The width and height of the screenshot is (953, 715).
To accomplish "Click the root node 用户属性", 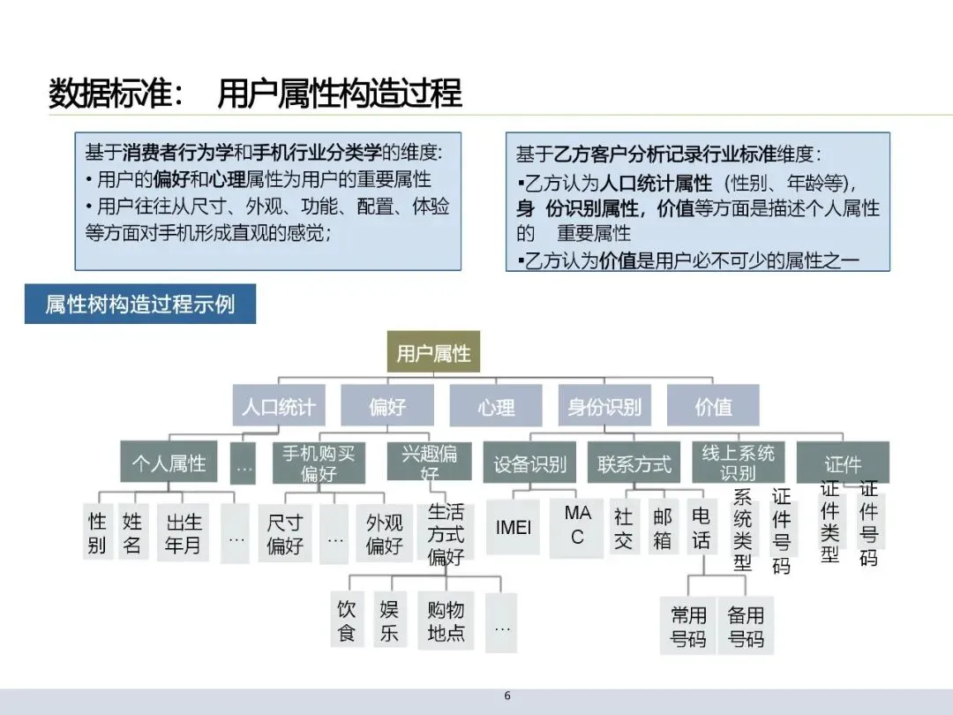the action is tap(433, 354).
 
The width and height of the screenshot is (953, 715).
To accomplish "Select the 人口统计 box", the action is tap(278, 407).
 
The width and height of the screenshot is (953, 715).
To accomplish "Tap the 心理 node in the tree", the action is tap(496, 407).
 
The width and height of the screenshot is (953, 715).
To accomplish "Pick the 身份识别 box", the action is tap(604, 407).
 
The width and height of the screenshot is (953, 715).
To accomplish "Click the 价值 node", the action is tap(713, 407).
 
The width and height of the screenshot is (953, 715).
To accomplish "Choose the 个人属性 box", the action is tap(169, 463).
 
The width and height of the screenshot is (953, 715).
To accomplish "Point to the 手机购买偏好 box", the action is tap(319, 463).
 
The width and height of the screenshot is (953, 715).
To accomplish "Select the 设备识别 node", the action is tap(529, 463).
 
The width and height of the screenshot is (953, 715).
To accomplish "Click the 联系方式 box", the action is tap(634, 463).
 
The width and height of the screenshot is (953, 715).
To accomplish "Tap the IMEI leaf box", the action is tap(514, 529).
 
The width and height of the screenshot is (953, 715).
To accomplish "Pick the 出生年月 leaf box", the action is tap(184, 533).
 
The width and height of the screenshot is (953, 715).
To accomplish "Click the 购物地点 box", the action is tap(446, 621).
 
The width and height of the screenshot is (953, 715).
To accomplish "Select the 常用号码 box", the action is tap(688, 626).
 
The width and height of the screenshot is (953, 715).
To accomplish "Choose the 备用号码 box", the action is tap(746, 626).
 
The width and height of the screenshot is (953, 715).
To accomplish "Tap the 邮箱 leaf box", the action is tap(662, 529).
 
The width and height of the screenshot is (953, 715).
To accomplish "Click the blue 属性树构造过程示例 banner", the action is tap(140, 305).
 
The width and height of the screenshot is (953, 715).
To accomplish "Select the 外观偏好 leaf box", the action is tap(385, 533).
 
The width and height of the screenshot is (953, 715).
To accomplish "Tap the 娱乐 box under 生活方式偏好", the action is tap(389, 621).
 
